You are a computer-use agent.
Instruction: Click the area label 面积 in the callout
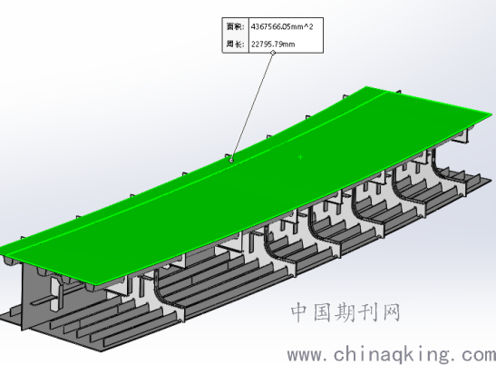pos(236,26)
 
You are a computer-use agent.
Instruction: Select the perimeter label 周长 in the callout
pos(236,44)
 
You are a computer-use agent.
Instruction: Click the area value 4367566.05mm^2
pos(282,26)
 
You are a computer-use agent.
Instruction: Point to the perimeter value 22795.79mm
pos(273,44)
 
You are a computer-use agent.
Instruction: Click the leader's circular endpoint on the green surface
pos(231,161)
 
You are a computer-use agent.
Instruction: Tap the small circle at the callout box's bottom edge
pos(273,53)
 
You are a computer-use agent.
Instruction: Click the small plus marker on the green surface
pos(300,156)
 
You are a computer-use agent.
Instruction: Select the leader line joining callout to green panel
pos(252,106)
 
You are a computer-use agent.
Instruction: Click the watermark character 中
pos(300,312)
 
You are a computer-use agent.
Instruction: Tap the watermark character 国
pos(322,312)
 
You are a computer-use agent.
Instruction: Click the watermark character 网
pos(391,312)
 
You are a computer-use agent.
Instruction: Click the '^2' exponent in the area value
pos(308,26)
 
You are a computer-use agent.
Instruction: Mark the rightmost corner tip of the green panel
pos(492,114)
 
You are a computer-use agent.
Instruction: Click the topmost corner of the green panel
pos(367,86)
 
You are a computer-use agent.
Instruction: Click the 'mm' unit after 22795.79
pos(288,44)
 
